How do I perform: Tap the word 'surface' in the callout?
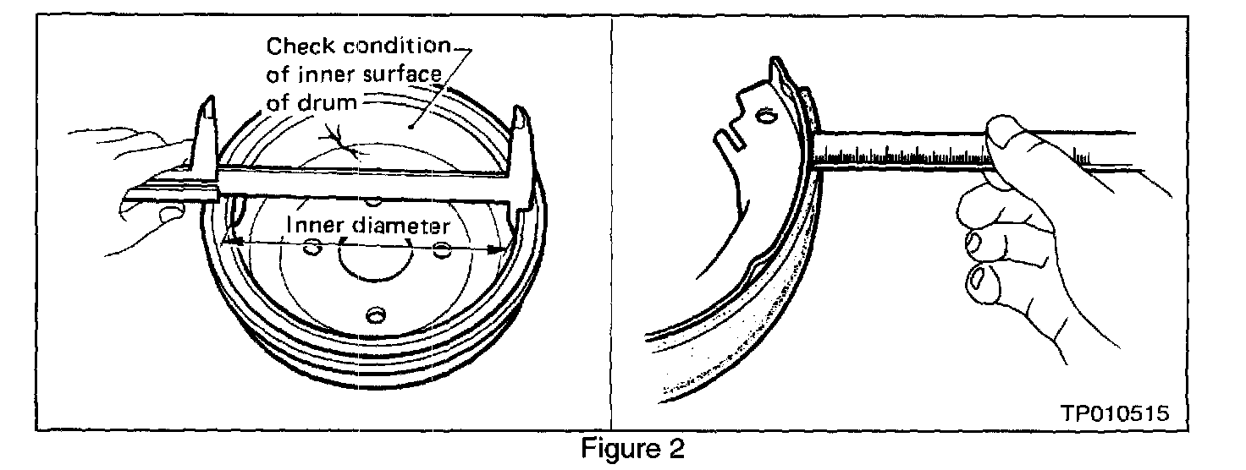click(x=403, y=74)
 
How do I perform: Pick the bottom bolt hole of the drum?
click(x=373, y=315)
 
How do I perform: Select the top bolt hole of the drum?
click(x=373, y=201)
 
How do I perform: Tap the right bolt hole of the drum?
click(x=441, y=249)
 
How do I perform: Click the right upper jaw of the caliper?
click(x=519, y=135)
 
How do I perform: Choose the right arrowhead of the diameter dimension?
click(x=498, y=249)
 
